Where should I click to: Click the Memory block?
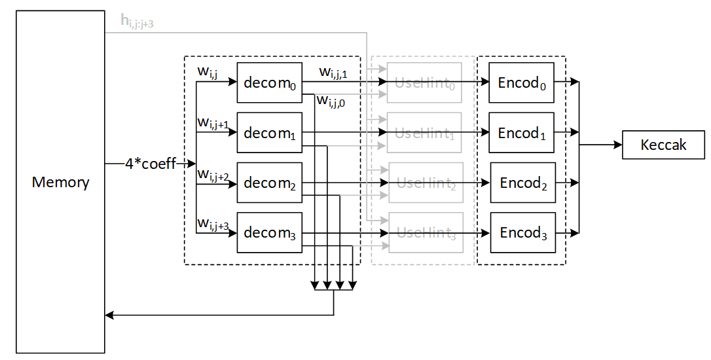click(60, 182)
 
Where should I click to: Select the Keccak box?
click(663, 145)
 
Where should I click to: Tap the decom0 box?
click(269, 82)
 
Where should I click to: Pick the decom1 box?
click(269, 133)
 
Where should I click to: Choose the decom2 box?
click(269, 183)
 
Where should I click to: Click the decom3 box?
click(269, 232)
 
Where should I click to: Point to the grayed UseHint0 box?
click(424, 82)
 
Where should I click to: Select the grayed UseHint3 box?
click(426, 232)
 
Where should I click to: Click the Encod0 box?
click(521, 82)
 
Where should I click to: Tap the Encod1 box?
click(521, 133)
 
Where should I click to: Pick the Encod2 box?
click(522, 183)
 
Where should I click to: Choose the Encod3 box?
click(522, 232)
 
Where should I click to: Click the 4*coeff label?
click(151, 164)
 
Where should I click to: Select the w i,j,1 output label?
click(333, 73)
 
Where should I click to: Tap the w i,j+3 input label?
click(213, 225)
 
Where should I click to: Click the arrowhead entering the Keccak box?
click(617, 145)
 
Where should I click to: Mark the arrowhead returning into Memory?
click(109, 315)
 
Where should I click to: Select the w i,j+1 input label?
click(213, 123)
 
